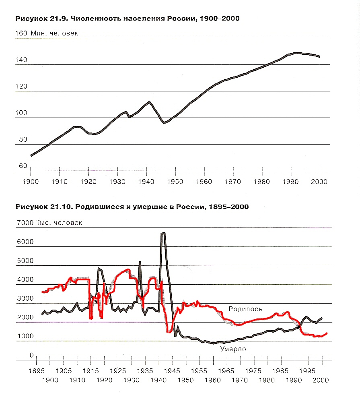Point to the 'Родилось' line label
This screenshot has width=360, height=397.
pos(245,309)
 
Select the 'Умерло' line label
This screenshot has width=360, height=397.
pos(233,349)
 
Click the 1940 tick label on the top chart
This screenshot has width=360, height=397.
pos(146,182)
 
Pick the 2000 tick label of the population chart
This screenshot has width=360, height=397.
pos(319,182)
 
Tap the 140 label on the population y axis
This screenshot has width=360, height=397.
pos(21,60)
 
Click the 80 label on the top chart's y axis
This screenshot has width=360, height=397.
pos(23,139)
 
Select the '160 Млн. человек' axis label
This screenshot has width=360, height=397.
pos(47,33)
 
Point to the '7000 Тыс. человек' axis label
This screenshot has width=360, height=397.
pos(49,223)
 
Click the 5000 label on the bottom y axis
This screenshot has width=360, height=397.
pos(25,261)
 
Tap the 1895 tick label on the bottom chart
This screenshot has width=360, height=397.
pos(37,371)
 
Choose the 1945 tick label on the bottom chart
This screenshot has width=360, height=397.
pos(172,371)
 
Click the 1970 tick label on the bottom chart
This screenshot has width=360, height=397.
pos(240,380)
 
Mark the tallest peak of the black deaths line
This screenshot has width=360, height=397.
pos(163,233)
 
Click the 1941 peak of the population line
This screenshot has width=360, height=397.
pos(149,101)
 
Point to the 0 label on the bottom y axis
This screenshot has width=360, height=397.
pos(32,355)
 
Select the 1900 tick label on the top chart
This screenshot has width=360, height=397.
pos(31,182)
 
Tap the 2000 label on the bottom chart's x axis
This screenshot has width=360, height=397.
pos(321,380)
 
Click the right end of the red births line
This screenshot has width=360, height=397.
pos(327,333)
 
